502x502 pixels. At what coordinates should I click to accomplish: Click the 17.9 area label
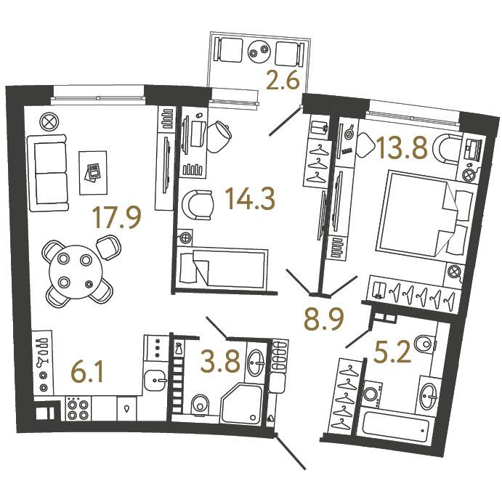[117, 218]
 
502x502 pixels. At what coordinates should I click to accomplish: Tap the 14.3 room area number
[251, 198]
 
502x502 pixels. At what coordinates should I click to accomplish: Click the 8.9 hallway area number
[324, 319]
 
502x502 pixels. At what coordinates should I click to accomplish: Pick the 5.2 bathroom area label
[392, 352]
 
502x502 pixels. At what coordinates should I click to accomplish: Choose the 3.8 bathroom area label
[220, 362]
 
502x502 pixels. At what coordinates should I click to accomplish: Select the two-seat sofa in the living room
[49, 173]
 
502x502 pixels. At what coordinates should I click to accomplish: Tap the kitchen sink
[155, 381]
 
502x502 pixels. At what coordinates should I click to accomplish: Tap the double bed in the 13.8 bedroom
[426, 213]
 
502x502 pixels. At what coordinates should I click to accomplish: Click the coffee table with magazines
[93, 173]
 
